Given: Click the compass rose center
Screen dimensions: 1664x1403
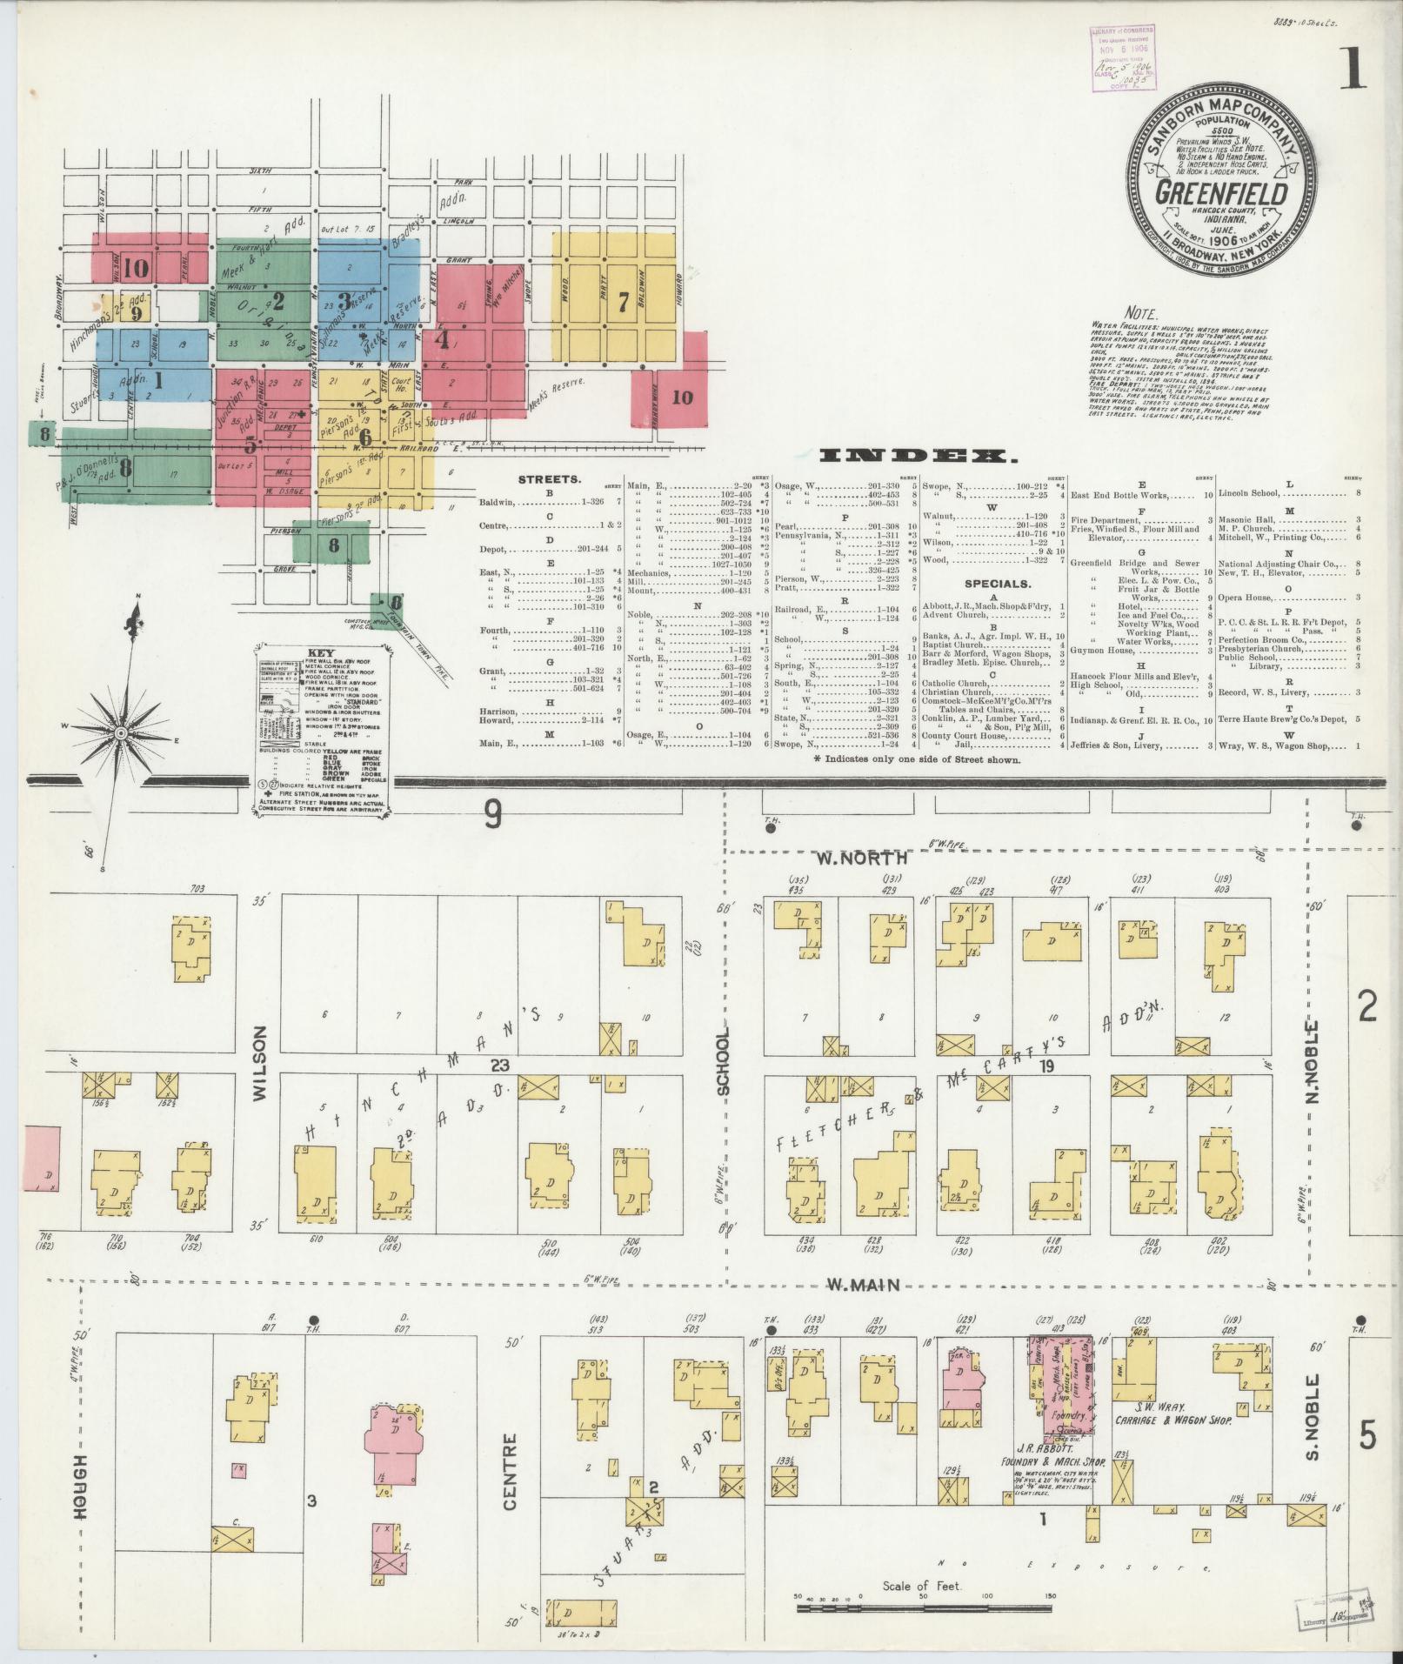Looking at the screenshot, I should click(120, 734).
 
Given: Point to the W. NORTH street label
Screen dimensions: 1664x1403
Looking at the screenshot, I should click(865, 858).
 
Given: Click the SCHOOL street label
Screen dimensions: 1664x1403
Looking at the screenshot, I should click(724, 1060).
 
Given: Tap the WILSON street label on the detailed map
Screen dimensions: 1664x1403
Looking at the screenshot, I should click(259, 1051).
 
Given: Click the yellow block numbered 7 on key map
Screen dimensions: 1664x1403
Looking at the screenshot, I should click(622, 302).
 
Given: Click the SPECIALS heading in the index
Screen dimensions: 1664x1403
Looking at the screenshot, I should click(997, 585).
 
